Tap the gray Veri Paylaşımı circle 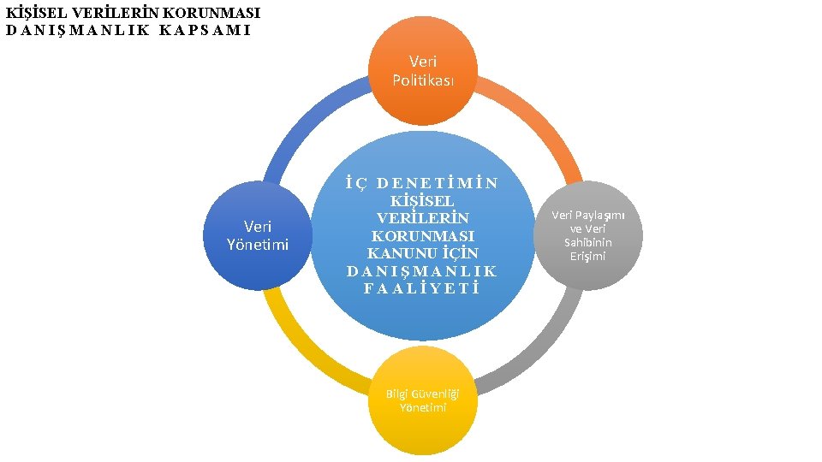tap(588, 235)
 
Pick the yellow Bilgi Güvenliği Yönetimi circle tap(423, 400)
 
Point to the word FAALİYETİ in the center tap(422, 288)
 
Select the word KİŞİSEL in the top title tap(33, 14)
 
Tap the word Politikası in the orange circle tap(423, 80)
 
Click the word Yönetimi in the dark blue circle tap(258, 245)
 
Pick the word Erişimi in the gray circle tap(588, 256)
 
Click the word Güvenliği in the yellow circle tap(434, 394)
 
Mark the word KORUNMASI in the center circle tap(423, 235)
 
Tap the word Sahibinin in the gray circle tap(588, 242)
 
